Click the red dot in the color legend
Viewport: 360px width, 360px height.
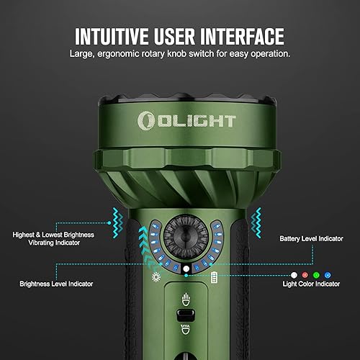point(305,274)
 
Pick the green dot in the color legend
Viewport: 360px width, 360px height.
point(316,274)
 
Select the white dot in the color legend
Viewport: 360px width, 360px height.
point(294,274)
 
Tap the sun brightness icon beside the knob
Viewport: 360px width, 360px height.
point(153,276)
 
